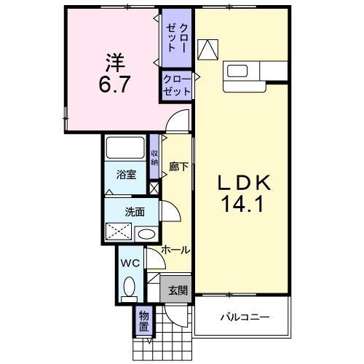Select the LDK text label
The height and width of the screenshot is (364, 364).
242,182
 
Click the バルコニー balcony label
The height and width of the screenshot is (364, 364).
244,317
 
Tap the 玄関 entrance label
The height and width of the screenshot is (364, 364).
178,290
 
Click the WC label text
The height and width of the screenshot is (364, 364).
130,262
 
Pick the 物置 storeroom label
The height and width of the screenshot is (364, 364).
144,322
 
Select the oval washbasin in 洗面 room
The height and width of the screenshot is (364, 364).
146,234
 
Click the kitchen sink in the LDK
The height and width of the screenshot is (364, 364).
239,71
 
